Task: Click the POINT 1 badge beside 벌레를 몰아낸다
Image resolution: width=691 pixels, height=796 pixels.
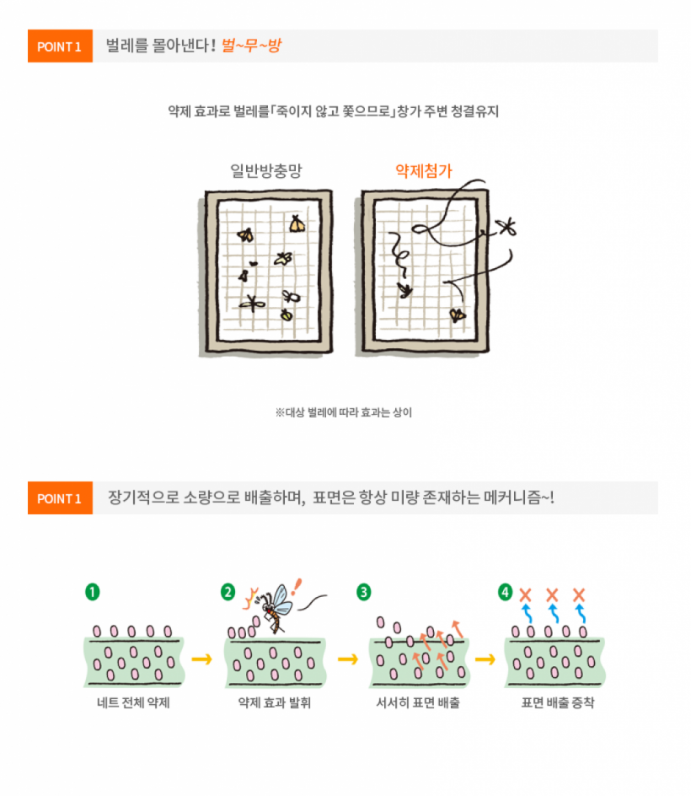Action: coord(60,46)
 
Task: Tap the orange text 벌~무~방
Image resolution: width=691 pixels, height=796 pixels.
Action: coord(251,46)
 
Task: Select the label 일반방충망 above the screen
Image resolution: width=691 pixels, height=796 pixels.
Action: coord(265,170)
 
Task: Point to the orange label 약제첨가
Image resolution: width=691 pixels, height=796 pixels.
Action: coord(424,170)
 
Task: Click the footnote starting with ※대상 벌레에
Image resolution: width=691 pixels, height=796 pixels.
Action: coord(344,412)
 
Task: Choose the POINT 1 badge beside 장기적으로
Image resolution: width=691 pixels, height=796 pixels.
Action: coord(60,498)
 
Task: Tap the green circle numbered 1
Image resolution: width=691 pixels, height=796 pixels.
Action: coord(93,592)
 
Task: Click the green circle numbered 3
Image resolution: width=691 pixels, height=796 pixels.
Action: coord(364,592)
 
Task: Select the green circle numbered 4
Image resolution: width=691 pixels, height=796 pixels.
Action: coord(505,592)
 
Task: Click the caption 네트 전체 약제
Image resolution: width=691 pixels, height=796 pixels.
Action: coord(133,702)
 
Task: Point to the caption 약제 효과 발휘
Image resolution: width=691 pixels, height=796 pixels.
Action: coord(275,702)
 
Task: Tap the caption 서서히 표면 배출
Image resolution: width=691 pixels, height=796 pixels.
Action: coord(418,702)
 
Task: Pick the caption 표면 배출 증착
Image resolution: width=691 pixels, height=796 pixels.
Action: coord(558,702)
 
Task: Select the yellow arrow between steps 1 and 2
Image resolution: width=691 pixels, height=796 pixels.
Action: coord(202,659)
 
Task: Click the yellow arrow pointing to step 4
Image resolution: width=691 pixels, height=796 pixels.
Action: coord(485,659)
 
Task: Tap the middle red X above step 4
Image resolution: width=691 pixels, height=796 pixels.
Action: coord(552,594)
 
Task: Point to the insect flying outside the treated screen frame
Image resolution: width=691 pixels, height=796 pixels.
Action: coord(506,227)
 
